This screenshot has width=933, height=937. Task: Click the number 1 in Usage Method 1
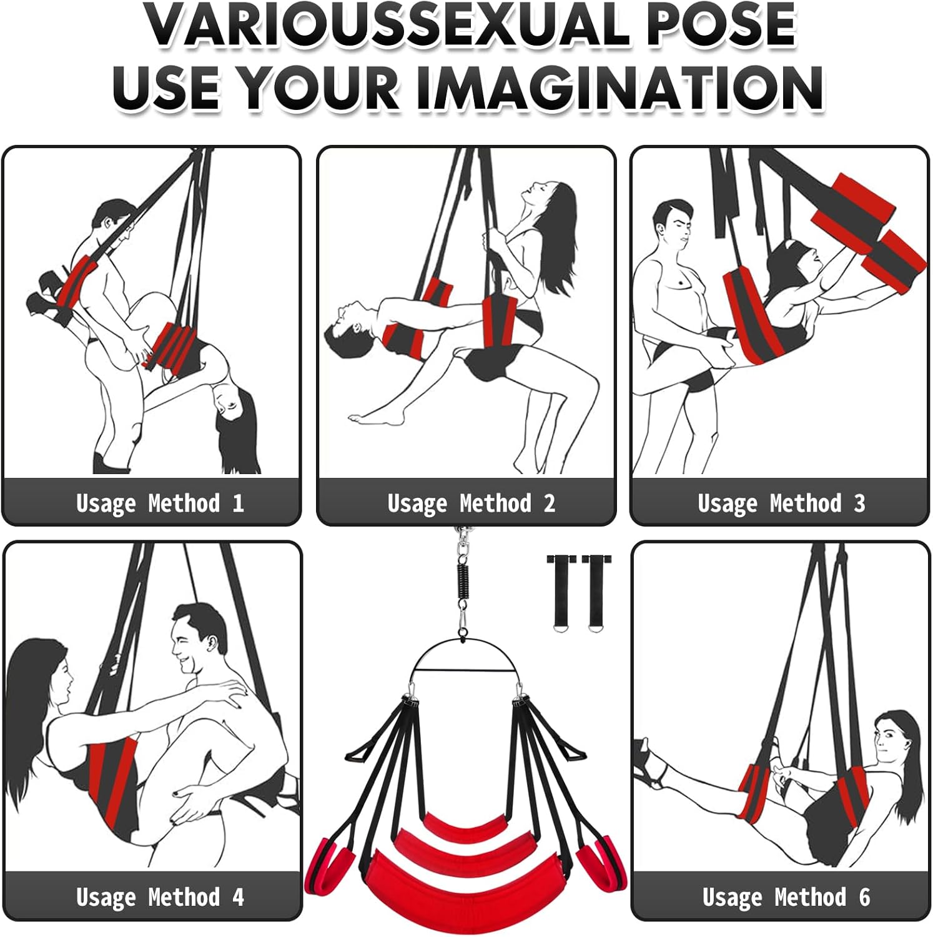(238, 503)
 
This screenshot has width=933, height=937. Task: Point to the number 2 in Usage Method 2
(550, 503)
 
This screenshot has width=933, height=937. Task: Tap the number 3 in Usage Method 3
(859, 503)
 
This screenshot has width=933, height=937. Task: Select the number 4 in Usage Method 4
(238, 897)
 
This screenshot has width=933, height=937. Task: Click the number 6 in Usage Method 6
(864, 897)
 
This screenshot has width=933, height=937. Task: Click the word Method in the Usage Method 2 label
(495, 503)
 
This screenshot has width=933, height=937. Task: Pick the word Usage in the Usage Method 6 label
(732, 897)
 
